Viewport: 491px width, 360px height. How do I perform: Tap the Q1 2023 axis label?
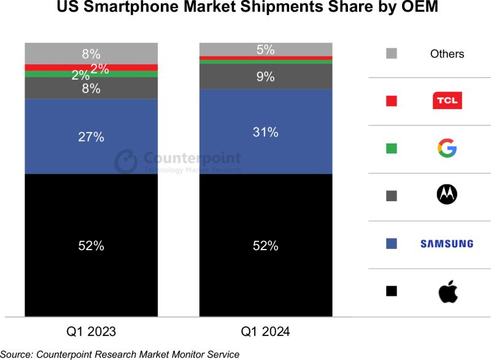pyautogui.click(x=91, y=332)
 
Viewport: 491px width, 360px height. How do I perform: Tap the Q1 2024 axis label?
pyautogui.click(x=265, y=332)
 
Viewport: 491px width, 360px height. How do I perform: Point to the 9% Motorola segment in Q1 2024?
pyautogui.click(x=265, y=77)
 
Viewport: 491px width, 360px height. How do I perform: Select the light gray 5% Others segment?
pyautogui.click(x=265, y=49)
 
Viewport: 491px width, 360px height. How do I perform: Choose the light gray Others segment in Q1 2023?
pyautogui.click(x=91, y=53)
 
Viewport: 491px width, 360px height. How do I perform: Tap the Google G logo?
pyautogui.click(x=447, y=148)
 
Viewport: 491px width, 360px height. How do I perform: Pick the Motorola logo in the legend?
pyautogui.click(x=447, y=195)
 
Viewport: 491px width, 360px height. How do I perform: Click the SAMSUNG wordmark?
pyautogui.click(x=447, y=243)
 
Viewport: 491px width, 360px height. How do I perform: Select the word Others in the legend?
pyautogui.click(x=447, y=54)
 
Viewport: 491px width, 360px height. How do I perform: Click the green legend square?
pyautogui.click(x=392, y=148)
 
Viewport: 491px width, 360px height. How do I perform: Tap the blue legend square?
pyautogui.click(x=392, y=243)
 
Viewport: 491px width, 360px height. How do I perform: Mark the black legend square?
pyautogui.click(x=392, y=291)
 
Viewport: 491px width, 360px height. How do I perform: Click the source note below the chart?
pyautogui.click(x=120, y=354)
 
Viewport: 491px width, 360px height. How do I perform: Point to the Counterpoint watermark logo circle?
pyautogui.click(x=126, y=161)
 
